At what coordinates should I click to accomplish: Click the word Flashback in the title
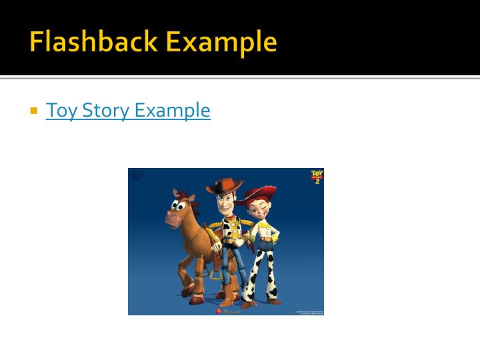coord(93,42)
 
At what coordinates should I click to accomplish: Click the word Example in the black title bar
coord(221,42)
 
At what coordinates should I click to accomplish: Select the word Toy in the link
coord(61,110)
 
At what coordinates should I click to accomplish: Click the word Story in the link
coord(106,110)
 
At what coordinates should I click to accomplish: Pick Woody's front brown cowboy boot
coord(229,297)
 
